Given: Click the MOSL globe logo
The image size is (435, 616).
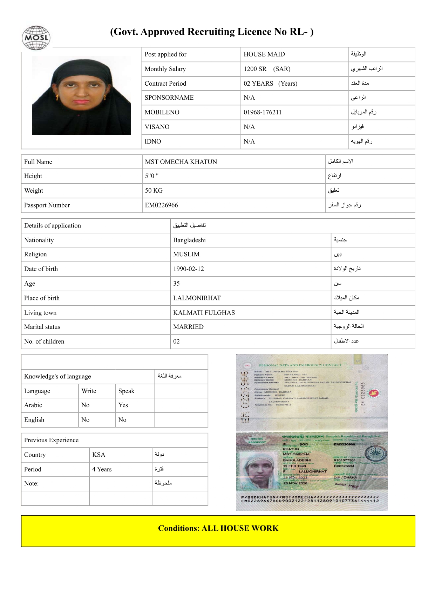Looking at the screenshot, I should click(36, 38).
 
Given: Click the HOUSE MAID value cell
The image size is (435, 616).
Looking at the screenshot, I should click(264, 54).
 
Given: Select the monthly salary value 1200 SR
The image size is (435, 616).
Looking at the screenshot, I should click(255, 69).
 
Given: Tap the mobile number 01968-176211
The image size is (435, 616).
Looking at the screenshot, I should click(263, 112).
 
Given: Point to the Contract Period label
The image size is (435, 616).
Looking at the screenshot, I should click(165, 84).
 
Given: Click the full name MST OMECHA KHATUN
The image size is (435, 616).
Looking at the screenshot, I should click(181, 162).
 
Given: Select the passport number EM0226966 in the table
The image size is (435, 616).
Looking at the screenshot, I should click(162, 205).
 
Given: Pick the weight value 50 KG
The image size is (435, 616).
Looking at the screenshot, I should click(154, 191).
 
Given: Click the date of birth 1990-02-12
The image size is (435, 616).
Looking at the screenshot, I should click(189, 269).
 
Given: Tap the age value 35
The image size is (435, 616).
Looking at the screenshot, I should click(176, 284).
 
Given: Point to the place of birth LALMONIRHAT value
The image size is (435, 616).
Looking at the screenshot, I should click(197, 298).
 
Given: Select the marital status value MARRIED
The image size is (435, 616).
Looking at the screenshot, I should click(188, 327).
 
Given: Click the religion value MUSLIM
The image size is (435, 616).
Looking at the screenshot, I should click(186, 254).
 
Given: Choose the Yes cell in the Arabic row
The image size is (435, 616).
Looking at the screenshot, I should click(123, 405).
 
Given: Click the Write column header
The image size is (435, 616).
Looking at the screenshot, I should click(89, 391).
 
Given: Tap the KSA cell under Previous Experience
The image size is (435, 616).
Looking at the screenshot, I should click(99, 455).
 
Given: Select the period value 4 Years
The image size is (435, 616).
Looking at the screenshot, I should click(102, 469).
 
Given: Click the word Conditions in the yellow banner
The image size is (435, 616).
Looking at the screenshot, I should click(178, 528).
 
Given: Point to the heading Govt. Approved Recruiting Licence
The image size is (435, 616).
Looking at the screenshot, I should click(212, 32).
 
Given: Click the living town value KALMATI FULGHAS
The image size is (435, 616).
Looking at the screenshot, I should click(204, 313).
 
